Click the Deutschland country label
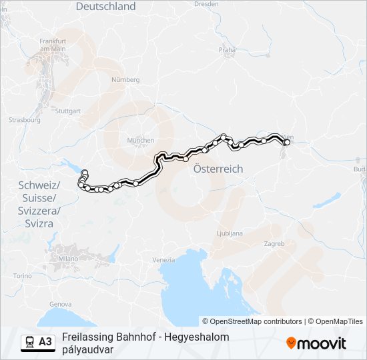pos(105,7)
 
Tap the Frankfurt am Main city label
pos(52,45)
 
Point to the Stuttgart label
pos(68,111)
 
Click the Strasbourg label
pos(21,120)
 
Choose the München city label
pos(141,141)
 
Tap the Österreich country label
pos(218,169)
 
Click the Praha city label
pos(228,49)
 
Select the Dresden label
pos(206,3)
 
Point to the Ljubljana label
pos(230,233)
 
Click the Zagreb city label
pos(274,243)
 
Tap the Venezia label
pos(163,259)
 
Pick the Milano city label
pos(68,258)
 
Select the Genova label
pos(60,304)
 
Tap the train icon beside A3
pos(29,342)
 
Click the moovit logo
pos(316,343)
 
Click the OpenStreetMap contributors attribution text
pos(256,321)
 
